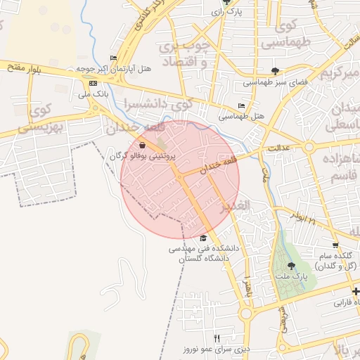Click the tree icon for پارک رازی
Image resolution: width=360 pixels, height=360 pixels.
click(x=225, y=2)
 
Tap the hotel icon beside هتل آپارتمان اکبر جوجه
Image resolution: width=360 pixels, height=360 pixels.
click(x=114, y=58)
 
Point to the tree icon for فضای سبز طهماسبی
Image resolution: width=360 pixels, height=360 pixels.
click(x=275, y=71)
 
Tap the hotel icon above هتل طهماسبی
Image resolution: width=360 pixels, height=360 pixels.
click(x=241, y=106)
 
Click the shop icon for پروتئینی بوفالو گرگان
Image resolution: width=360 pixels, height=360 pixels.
click(x=143, y=145)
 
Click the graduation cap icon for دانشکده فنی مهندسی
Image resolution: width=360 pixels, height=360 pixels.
click(x=204, y=238)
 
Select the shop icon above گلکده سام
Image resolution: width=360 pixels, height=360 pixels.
click(x=334, y=245)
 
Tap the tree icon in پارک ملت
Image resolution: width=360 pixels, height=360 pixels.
click(x=292, y=265)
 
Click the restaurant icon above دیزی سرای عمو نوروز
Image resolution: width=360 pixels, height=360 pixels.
click(x=217, y=338)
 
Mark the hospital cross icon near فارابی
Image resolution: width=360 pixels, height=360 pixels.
click(x=356, y=292)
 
